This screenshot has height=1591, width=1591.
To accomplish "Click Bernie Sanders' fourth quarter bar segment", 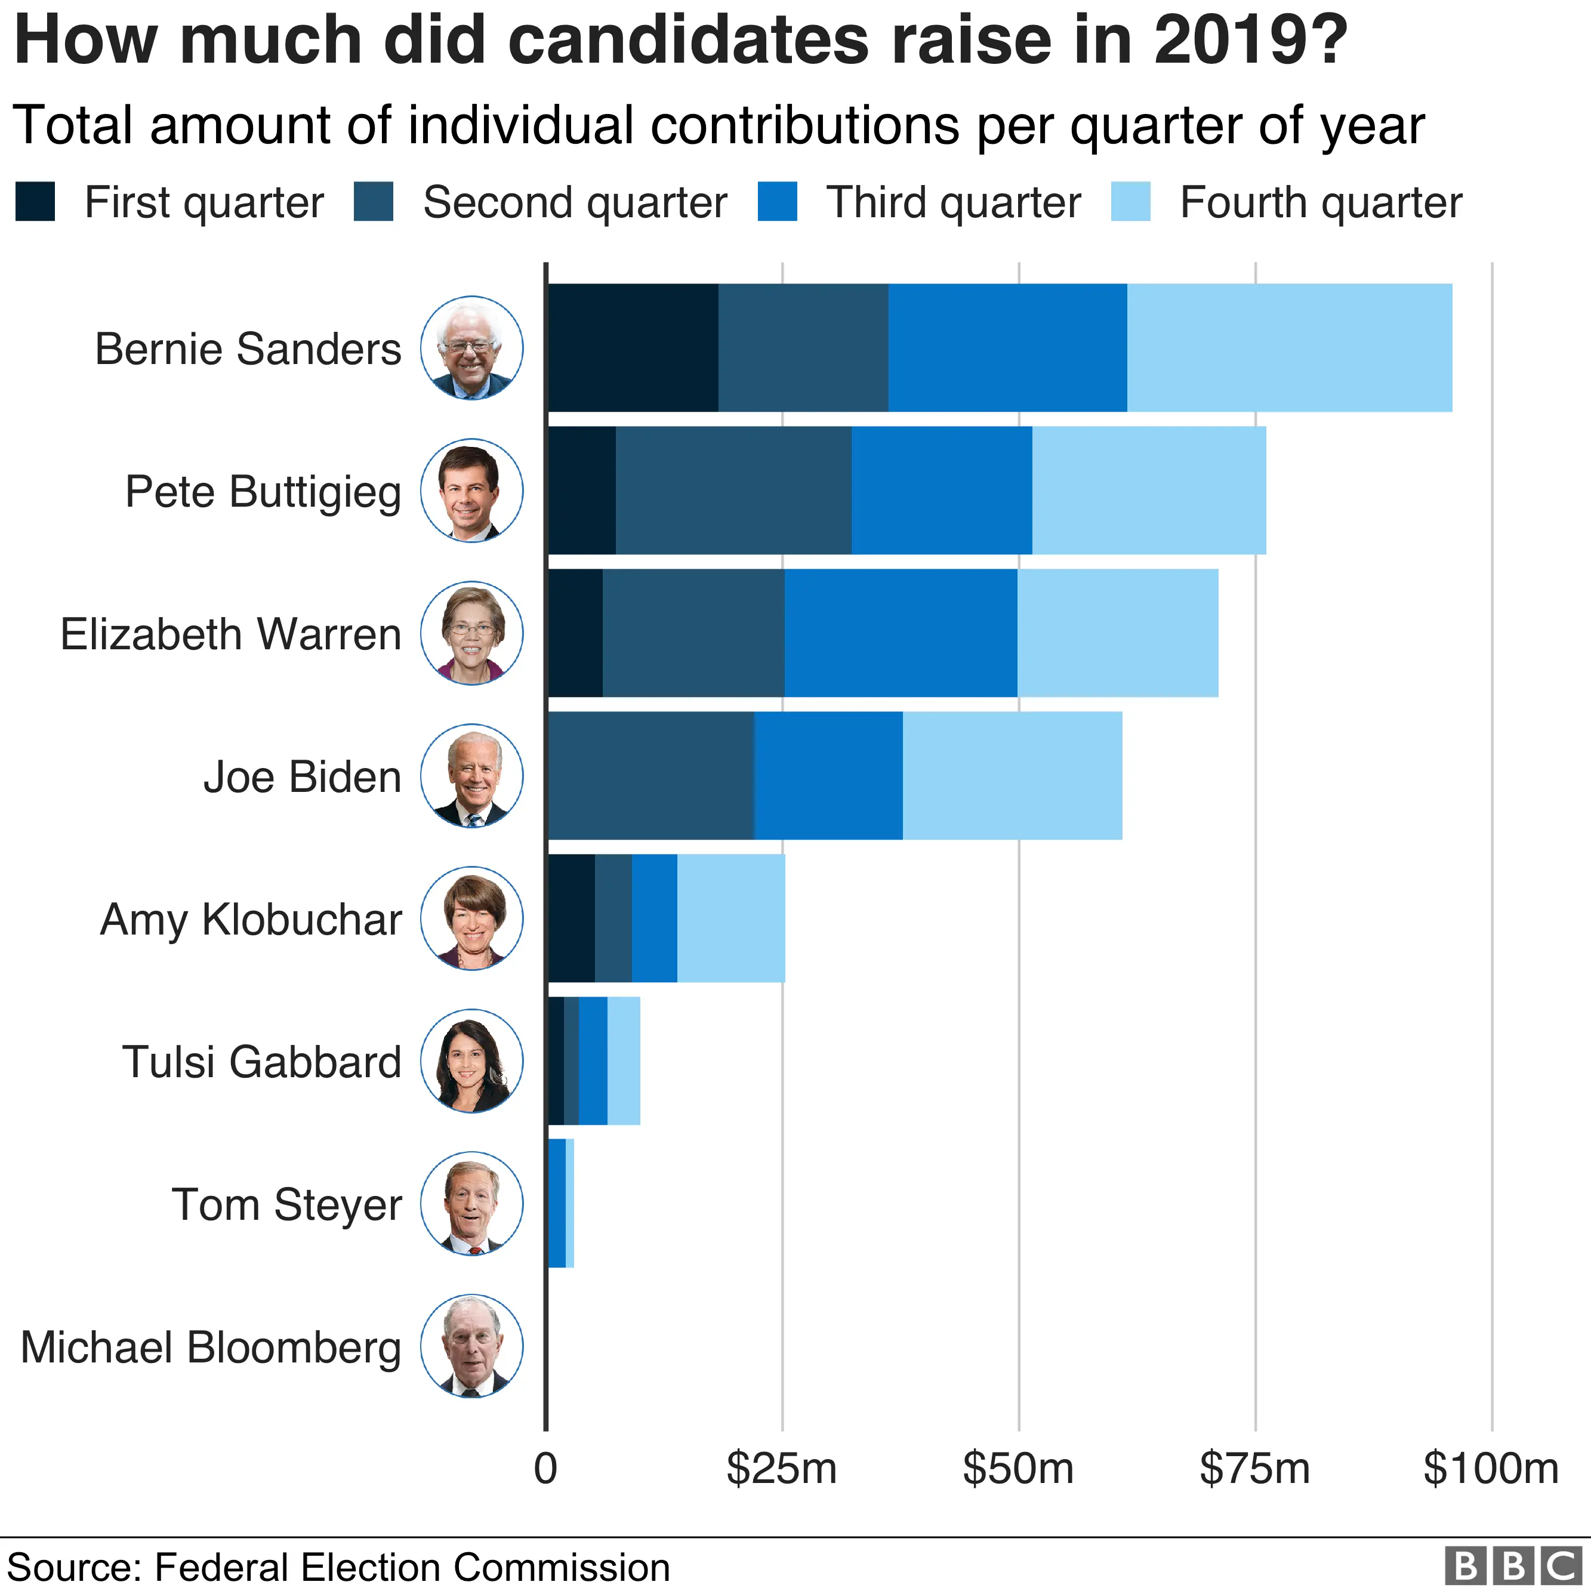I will point(1289,347).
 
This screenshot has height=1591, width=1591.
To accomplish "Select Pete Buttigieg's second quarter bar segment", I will point(733,490).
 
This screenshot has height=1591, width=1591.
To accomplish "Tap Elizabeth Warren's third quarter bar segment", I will point(900,633).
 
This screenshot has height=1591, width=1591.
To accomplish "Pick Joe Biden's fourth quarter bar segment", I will point(1012,775).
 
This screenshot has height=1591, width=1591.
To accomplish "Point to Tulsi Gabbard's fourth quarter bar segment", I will point(624,1060).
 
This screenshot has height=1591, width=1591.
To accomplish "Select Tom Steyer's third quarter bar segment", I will point(557,1202).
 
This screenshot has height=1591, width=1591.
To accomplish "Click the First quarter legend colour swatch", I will point(35,202).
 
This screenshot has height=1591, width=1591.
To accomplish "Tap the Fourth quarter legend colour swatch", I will point(1130,202).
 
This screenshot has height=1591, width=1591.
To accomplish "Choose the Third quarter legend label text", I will point(953,202).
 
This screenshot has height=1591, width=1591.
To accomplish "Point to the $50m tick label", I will point(1018,1467).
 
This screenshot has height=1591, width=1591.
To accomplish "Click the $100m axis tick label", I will point(1491,1467).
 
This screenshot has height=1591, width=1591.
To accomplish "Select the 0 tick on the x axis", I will point(545,1467).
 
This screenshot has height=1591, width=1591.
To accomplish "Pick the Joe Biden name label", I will point(302,776).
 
